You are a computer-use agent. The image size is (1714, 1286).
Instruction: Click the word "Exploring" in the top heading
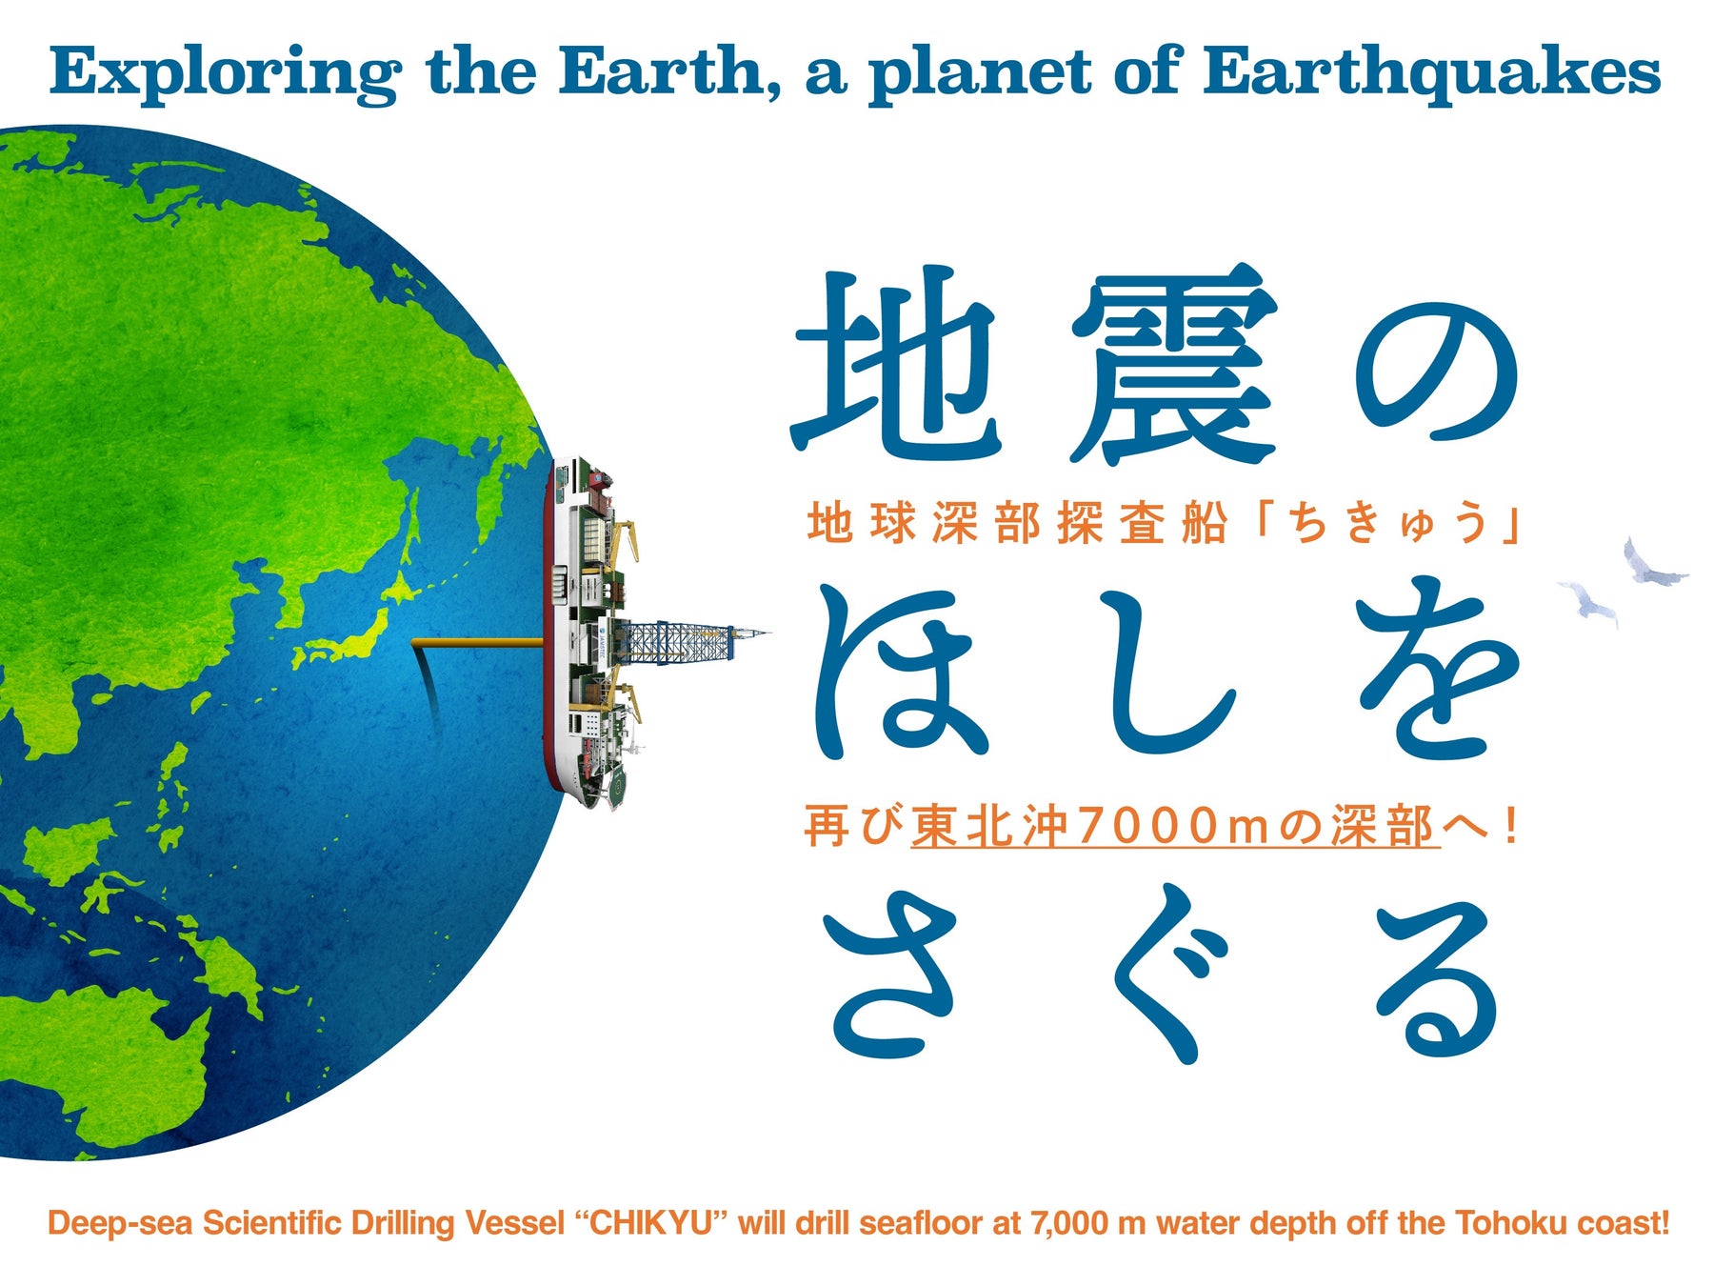(225, 73)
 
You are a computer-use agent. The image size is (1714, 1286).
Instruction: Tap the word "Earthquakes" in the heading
(1431, 73)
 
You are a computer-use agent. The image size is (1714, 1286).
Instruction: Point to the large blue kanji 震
(1172, 363)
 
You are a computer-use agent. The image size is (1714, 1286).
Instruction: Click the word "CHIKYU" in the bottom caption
(650, 1222)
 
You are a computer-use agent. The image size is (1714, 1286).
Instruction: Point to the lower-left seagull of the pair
(1588, 603)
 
